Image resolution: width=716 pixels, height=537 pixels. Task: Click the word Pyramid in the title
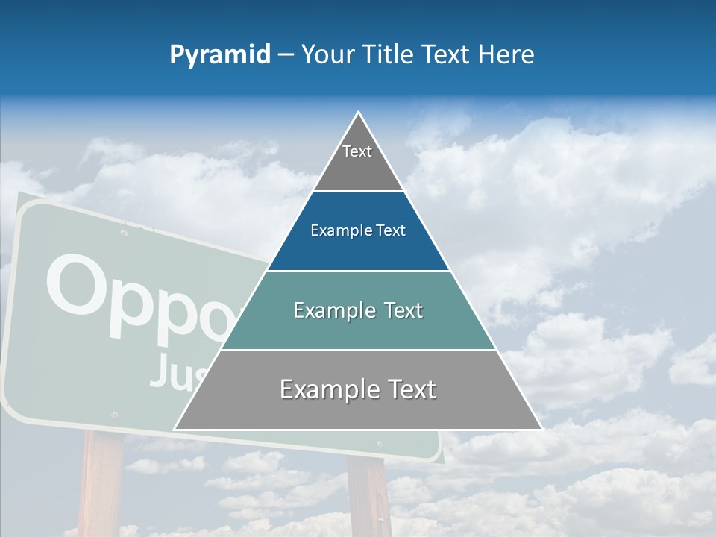(x=220, y=55)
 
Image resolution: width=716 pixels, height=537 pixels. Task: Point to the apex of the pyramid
(x=359, y=113)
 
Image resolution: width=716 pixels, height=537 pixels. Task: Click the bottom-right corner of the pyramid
(x=541, y=429)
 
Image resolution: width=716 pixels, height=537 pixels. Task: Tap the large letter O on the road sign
(x=77, y=287)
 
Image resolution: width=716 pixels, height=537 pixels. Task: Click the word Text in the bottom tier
(x=405, y=389)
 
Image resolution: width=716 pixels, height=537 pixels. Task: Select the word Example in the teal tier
(x=327, y=310)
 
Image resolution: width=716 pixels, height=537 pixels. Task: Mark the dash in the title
(x=286, y=55)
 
